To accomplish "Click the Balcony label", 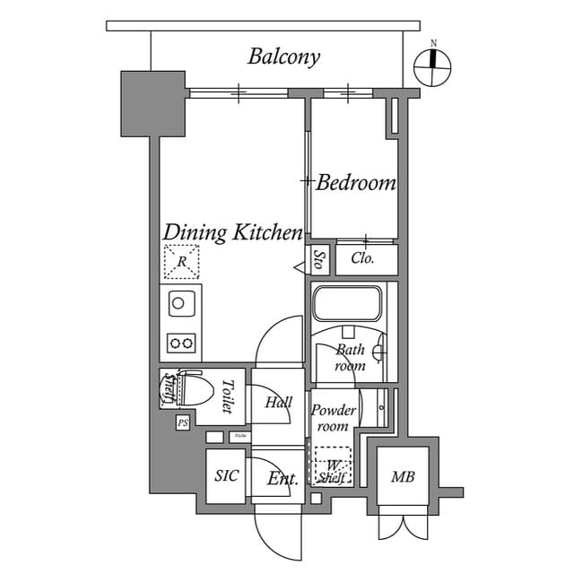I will click(x=283, y=57).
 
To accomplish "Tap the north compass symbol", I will click(x=434, y=66).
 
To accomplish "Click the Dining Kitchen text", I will click(x=232, y=233).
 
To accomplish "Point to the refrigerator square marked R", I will click(x=181, y=262).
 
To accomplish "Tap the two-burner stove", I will click(x=181, y=342).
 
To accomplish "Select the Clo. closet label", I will click(x=362, y=259).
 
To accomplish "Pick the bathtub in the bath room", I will click(x=348, y=304).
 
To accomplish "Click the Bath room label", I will click(x=350, y=358).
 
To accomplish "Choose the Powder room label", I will click(x=334, y=417).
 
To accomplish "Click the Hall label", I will click(x=279, y=403).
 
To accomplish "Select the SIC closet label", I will click(x=227, y=475).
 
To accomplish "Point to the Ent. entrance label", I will click(x=283, y=479).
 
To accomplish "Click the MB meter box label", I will click(x=403, y=476).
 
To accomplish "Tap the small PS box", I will click(x=183, y=422).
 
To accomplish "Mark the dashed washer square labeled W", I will click(x=332, y=465).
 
